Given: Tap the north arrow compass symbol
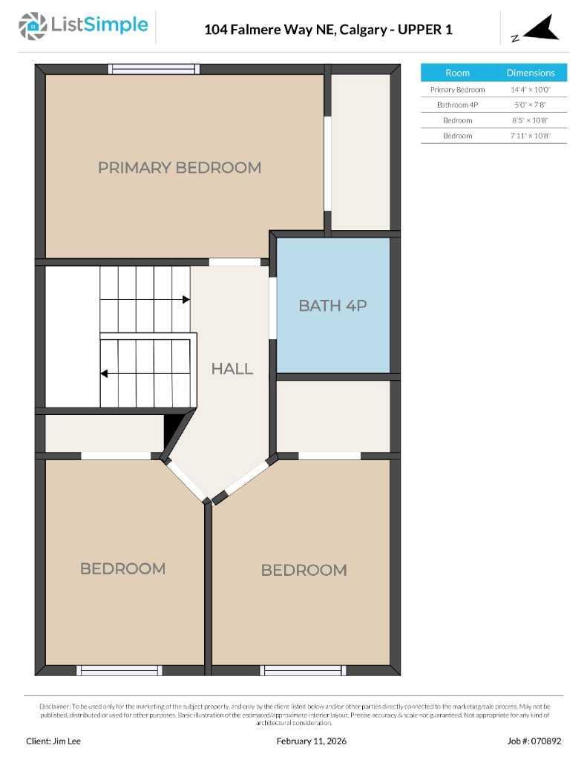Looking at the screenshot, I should [x=540, y=29].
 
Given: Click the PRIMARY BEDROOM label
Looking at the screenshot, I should [x=180, y=167].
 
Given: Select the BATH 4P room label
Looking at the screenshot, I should [x=332, y=305].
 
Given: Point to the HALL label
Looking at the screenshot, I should [x=232, y=368].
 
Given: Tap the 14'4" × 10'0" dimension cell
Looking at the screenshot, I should [x=531, y=89].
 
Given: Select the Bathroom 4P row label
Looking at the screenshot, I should [x=457, y=105].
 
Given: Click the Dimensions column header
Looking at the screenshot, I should [x=531, y=73].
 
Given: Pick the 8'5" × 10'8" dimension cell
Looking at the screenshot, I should [x=531, y=120].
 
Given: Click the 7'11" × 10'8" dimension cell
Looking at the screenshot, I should [x=531, y=136].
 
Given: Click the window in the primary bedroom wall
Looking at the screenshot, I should [x=154, y=69].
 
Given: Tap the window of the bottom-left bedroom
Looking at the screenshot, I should [x=119, y=670].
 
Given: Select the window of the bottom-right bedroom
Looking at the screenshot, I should [x=304, y=670].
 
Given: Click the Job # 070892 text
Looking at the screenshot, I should [x=534, y=741].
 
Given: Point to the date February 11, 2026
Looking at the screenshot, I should [x=312, y=741].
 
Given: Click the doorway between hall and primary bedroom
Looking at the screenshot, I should [x=235, y=262].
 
